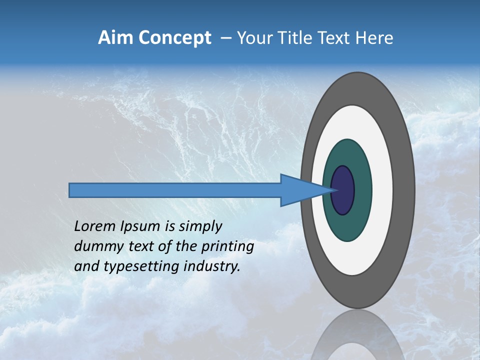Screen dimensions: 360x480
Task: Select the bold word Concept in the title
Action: coord(174,38)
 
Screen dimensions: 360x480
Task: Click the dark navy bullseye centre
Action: coord(343,190)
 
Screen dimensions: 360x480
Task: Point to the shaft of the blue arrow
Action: coord(175,190)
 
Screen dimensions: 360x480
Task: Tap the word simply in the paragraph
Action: coord(200,227)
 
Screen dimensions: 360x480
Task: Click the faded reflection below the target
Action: coord(358,335)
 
